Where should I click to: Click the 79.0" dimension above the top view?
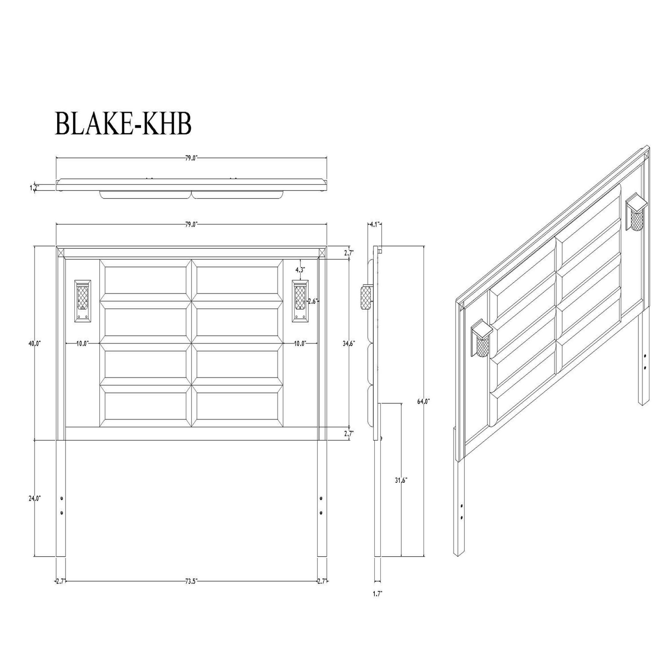(191, 158)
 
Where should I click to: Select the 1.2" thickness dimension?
(34, 187)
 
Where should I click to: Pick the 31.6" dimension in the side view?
(401, 480)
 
